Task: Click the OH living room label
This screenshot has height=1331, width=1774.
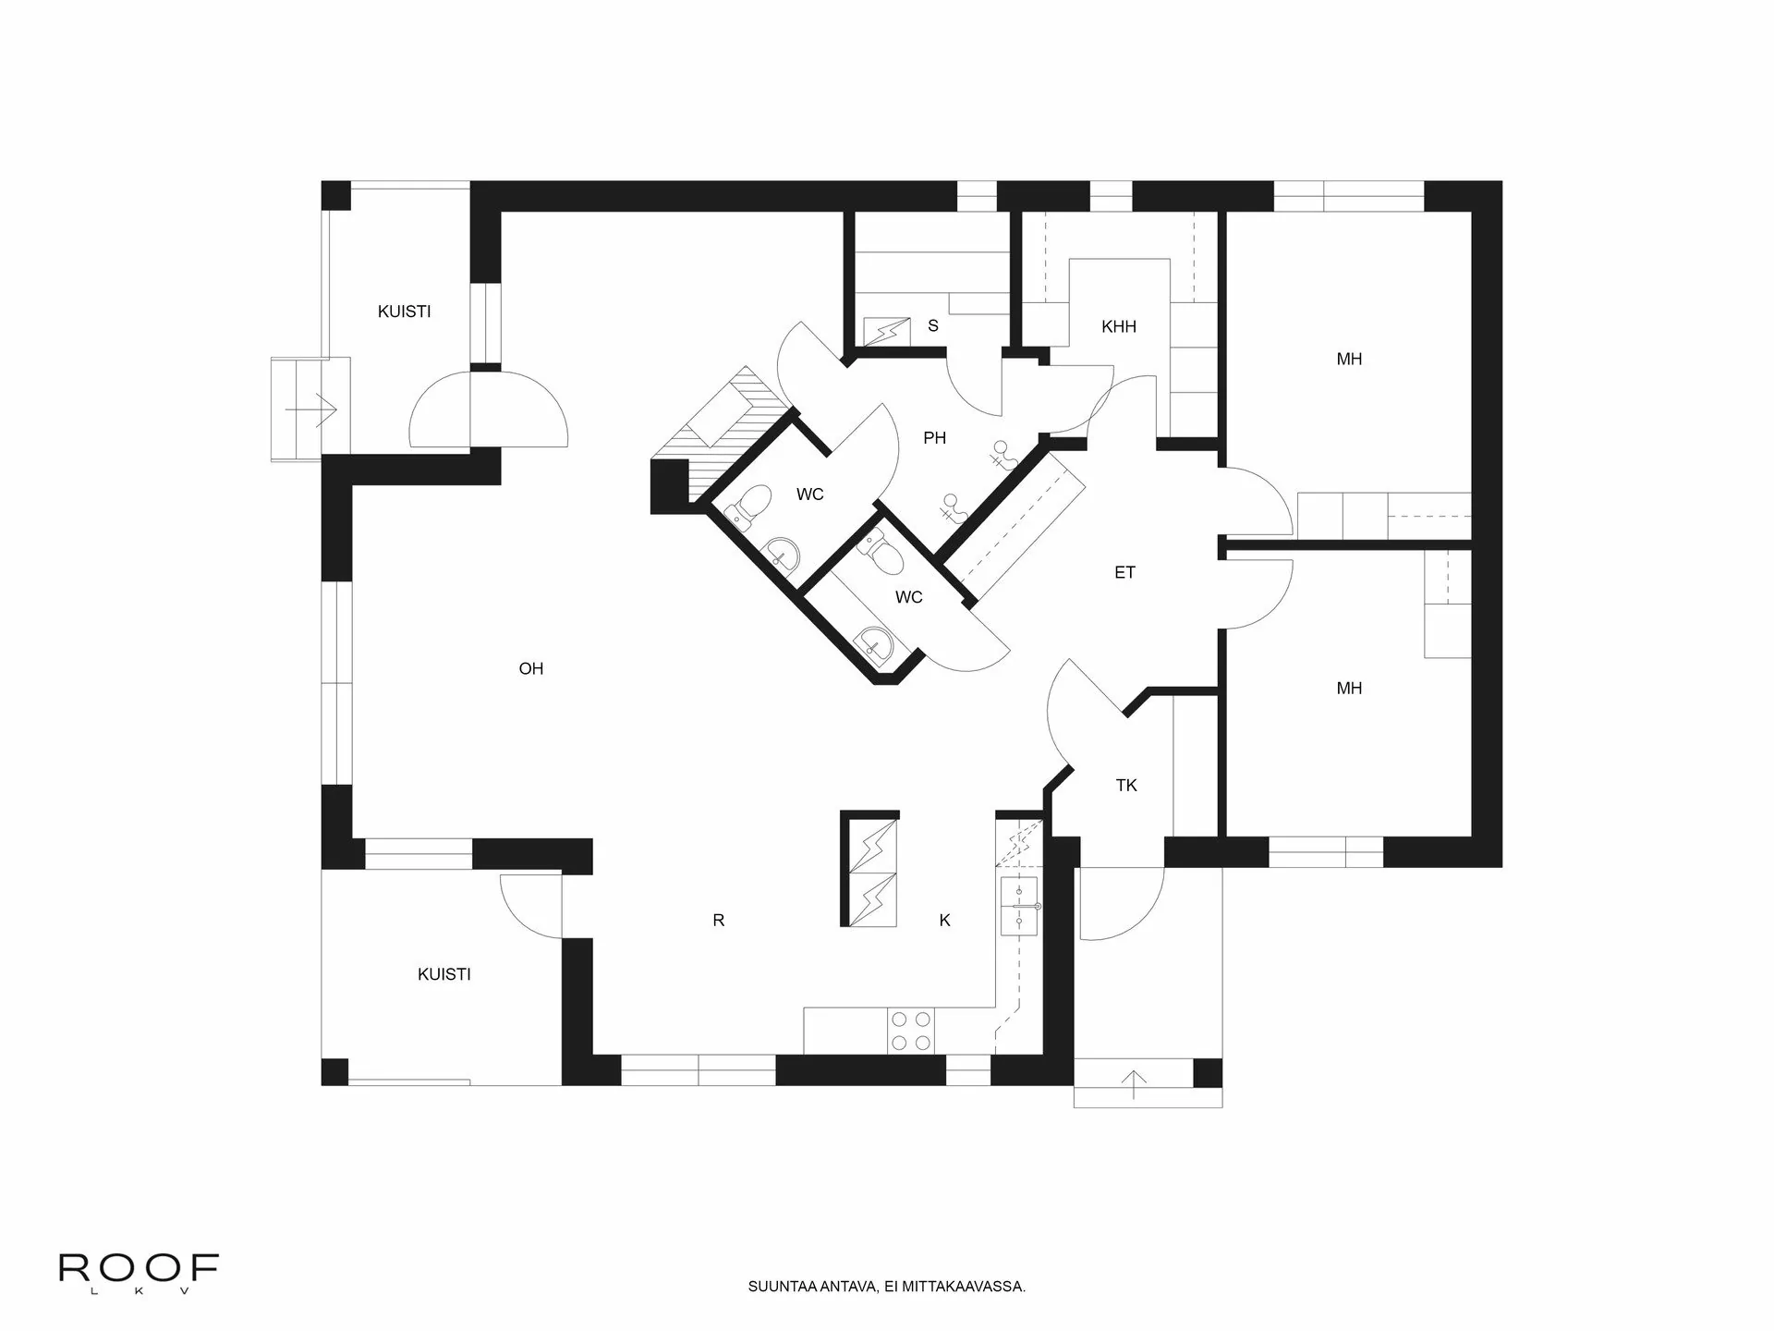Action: pos(530,668)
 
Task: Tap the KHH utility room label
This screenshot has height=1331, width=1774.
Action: pos(1118,326)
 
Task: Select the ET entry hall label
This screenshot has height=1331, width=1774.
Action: pos(1124,572)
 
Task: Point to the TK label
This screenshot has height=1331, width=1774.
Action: pos(1125,785)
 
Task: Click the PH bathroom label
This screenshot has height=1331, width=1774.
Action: pos(934,437)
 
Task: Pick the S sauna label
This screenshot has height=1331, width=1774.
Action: pos(933,325)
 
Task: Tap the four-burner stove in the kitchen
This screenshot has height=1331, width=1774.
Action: pos(910,1030)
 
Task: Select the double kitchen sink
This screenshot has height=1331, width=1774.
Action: pos(1020,907)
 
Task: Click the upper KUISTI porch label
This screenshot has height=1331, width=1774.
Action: pos(404,311)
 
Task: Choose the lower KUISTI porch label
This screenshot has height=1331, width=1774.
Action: pos(443,973)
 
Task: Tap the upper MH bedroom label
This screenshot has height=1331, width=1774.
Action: pos(1349,359)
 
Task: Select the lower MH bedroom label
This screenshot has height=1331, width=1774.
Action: pos(1349,688)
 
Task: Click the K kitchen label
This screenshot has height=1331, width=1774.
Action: pos(944,920)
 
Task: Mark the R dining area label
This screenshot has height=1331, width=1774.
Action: pos(719,920)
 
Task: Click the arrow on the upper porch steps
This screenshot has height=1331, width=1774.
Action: pos(310,408)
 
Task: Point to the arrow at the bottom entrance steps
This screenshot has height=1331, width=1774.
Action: pos(1134,1082)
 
